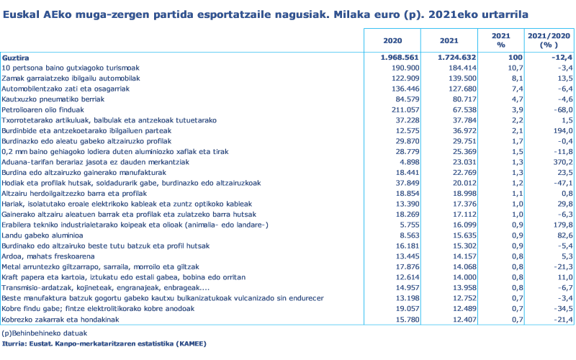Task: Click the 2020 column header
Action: pyautogui.click(x=392, y=40)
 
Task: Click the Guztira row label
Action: pyautogui.click(x=16, y=57)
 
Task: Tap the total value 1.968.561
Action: pyautogui.click(x=400, y=57)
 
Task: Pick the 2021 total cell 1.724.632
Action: pyautogui.click(x=458, y=57)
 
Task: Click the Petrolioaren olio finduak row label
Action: pyautogui.click(x=42, y=110)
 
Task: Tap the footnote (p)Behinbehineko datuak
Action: pyautogui.click(x=45, y=333)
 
